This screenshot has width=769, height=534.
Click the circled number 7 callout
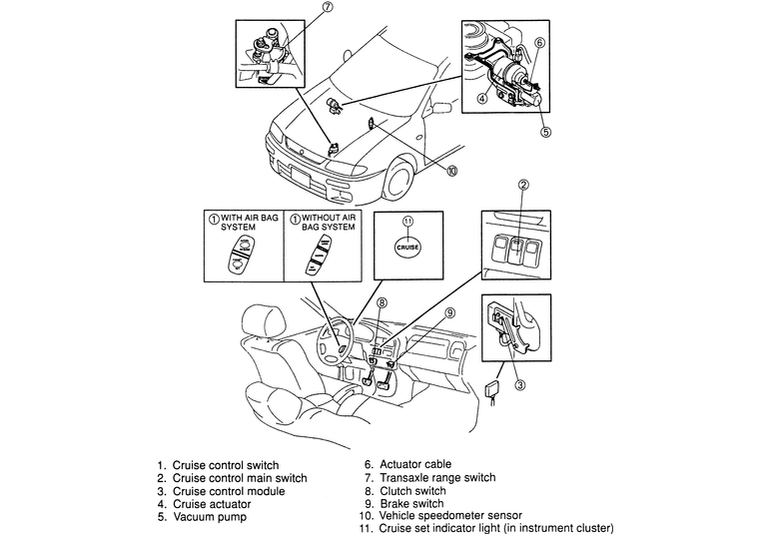[x=328, y=7]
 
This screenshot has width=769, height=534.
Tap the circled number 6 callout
[x=539, y=43]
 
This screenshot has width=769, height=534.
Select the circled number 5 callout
[x=545, y=132]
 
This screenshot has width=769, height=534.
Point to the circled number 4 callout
[x=482, y=99]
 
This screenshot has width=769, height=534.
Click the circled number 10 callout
[x=451, y=170]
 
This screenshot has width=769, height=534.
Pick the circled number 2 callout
[x=523, y=185]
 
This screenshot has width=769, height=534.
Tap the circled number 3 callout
[x=519, y=385]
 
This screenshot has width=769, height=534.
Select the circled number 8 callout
[x=382, y=303]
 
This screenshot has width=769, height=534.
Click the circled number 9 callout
[x=449, y=312]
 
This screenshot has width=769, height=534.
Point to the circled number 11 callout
[x=408, y=222]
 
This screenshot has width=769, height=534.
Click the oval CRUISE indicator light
[x=407, y=248]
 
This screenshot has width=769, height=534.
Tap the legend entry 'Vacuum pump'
[x=202, y=517]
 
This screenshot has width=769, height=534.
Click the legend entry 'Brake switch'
[x=404, y=504]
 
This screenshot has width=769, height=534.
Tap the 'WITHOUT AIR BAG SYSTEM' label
[x=329, y=223]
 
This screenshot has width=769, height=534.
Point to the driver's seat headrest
[x=264, y=321]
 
